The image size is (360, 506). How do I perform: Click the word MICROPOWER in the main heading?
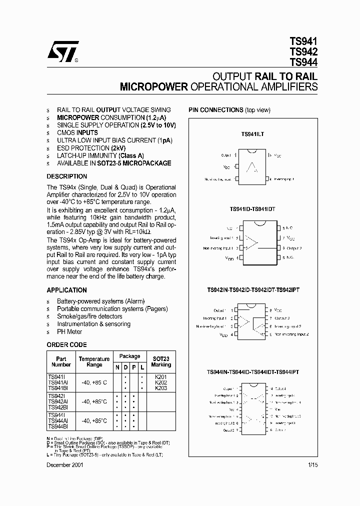[153, 86]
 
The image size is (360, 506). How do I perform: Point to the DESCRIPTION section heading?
[66, 176]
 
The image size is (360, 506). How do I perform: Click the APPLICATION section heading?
[66, 290]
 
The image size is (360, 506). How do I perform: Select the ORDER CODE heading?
[66, 345]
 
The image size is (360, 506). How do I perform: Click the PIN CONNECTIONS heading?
[215, 110]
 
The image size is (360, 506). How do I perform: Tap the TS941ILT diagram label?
[252, 134]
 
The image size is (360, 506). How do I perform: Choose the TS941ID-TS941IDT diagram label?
[252, 208]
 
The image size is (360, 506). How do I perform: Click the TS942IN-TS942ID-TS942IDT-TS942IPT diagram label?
[253, 289]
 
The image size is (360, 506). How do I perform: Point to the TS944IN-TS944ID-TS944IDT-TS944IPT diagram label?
[253, 372]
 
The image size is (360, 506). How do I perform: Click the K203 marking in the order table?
[160, 388]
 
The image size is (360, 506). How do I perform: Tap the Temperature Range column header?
[94, 362]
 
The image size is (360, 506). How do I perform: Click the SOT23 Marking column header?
[160, 362]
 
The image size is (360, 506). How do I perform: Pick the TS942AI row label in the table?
[59, 401]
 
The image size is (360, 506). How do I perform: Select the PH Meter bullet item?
[69, 331]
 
